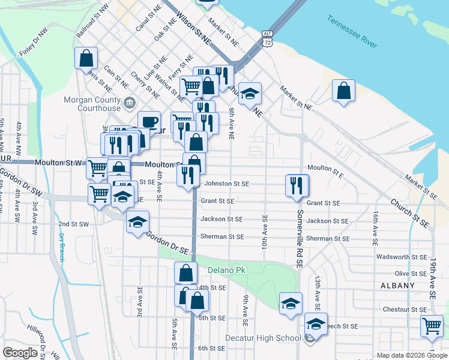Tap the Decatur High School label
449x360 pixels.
point(271,338)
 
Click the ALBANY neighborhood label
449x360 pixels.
point(397,286)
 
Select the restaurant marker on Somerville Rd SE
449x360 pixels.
point(297,185)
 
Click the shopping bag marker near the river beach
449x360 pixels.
point(344,91)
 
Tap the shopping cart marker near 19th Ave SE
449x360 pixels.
point(432,326)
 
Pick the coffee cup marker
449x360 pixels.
point(149,122)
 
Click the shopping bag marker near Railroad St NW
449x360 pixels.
point(86,58)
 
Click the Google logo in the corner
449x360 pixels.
point(20,353)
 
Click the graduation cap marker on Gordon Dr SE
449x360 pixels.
point(137,222)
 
